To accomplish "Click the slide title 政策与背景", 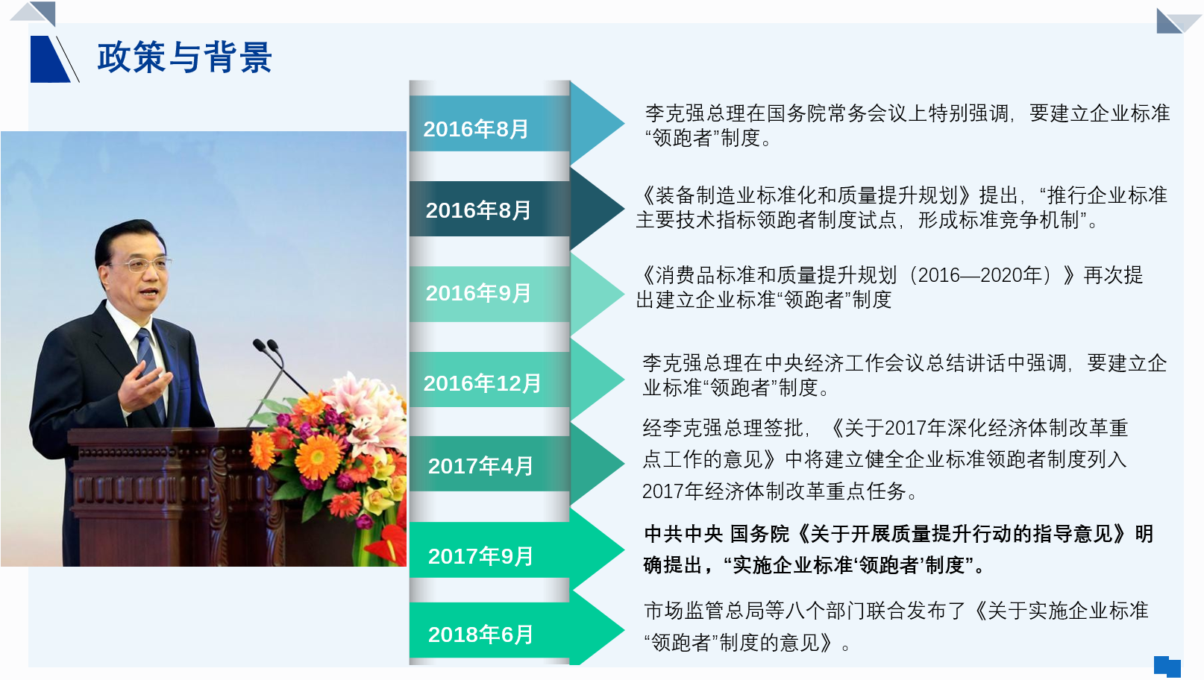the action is (x=184, y=57).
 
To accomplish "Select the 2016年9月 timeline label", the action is (x=478, y=293).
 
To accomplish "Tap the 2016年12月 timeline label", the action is (x=482, y=383).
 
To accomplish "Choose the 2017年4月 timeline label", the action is (x=480, y=466).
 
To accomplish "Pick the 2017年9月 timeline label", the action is (x=480, y=556).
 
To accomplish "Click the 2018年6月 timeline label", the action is (x=480, y=635).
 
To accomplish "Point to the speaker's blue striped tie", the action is (x=151, y=371).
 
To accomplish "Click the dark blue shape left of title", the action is (x=50, y=59).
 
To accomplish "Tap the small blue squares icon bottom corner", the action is (x=1167, y=666).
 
